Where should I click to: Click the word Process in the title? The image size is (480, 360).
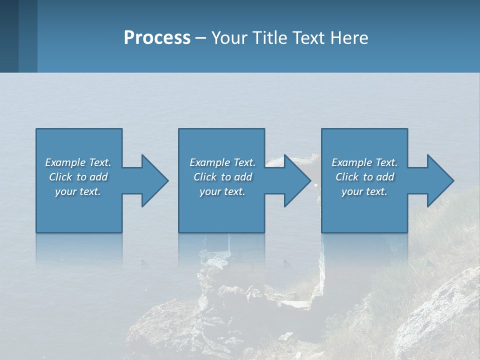tap(157, 38)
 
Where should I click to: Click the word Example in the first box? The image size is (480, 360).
tap(65, 162)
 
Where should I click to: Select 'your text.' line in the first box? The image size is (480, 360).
tap(78, 191)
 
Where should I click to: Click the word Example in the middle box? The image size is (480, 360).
tap(210, 162)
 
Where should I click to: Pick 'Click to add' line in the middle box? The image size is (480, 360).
tap(222, 177)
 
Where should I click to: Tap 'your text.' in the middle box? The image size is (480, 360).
tap(222, 191)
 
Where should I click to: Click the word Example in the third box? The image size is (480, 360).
tap(352, 162)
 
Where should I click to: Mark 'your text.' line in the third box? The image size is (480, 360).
tap(364, 191)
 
